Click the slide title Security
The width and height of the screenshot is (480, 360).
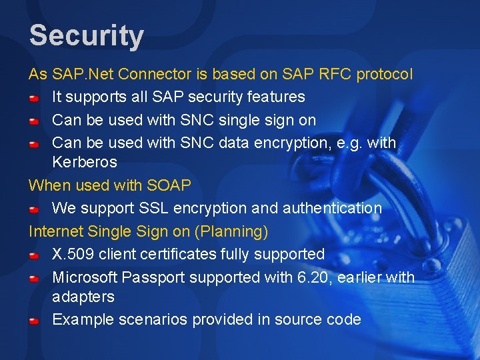86,35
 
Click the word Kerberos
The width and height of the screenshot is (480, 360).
84,162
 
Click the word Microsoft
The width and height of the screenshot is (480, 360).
83,277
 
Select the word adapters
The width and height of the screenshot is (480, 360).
83,296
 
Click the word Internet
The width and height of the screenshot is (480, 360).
54,231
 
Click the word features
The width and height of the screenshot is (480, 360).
276,97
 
